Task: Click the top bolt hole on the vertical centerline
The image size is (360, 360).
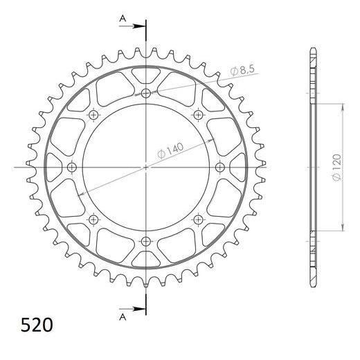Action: (x=145, y=93)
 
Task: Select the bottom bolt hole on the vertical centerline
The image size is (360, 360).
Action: (x=145, y=241)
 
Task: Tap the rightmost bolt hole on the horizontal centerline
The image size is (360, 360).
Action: (x=220, y=167)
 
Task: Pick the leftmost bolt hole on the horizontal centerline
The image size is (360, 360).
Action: (x=71, y=167)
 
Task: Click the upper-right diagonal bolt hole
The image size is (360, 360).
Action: (x=198, y=115)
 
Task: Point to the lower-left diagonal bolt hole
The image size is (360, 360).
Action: (x=93, y=219)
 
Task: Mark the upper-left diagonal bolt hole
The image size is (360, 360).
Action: (x=93, y=115)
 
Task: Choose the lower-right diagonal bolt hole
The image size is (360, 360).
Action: (x=198, y=219)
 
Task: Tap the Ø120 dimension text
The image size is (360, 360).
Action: (x=335, y=167)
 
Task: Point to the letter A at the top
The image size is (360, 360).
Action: (x=123, y=16)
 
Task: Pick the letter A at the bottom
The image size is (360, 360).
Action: (x=123, y=318)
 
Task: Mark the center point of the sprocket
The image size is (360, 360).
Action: (x=145, y=167)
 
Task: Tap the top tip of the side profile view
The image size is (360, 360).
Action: (x=312, y=48)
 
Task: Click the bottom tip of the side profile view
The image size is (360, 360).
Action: (x=312, y=285)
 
